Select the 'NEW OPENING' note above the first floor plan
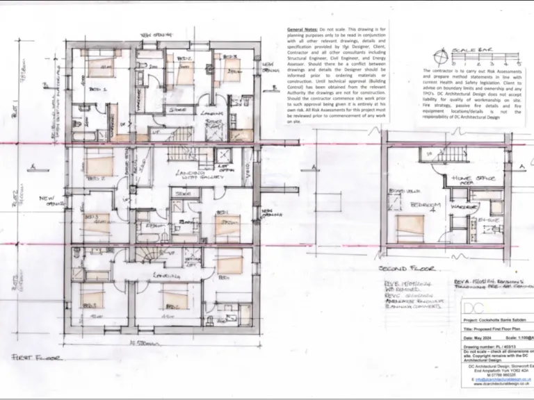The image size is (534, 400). [156, 33]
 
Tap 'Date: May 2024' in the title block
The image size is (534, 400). [483, 343]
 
